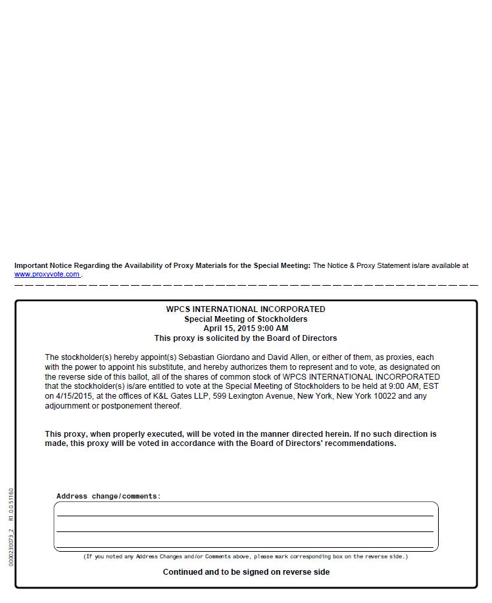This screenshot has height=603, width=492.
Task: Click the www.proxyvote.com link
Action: point(47,275)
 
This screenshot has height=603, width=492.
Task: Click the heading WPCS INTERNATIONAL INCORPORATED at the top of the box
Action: point(245,309)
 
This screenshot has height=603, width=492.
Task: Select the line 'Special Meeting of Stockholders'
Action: point(245,319)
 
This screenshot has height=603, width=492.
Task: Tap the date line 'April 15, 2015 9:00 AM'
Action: point(245,328)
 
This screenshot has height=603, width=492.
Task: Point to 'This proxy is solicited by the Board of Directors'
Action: point(245,338)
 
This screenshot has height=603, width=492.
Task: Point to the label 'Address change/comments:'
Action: point(109,497)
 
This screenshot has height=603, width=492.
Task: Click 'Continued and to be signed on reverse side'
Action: point(246,572)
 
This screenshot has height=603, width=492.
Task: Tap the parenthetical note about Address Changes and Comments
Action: point(245,557)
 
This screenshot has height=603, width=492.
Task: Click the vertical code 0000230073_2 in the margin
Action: point(11,548)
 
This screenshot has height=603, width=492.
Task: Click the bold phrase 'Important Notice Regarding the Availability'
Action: point(92,266)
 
